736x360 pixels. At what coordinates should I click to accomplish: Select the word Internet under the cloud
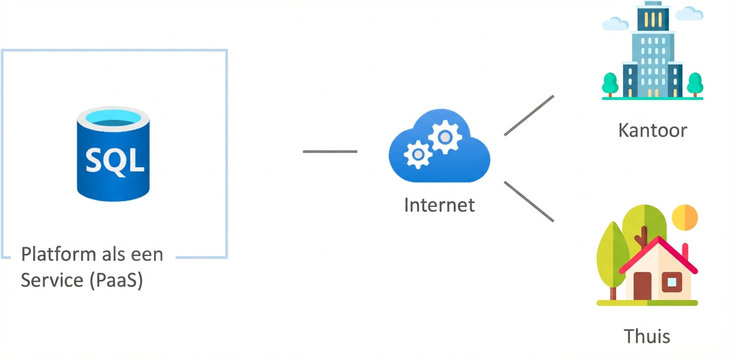tap(439, 205)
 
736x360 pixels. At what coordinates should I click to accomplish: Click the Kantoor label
tap(652, 130)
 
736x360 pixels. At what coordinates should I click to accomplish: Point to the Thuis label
tap(646, 335)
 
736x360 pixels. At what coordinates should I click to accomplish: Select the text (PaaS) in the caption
tap(116, 280)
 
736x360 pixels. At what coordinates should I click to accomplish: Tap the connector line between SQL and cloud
tap(330, 151)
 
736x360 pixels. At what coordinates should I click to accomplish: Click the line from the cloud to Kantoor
tap(529, 115)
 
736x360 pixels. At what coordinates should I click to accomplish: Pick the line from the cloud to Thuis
tap(529, 201)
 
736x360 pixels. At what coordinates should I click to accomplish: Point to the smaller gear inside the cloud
tap(417, 154)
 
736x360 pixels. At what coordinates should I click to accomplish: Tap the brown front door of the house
tap(642, 285)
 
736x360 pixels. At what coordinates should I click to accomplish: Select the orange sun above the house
tap(685, 216)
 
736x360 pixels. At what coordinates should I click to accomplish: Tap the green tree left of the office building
tap(609, 83)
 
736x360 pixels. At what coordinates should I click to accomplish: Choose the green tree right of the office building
tap(694, 83)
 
